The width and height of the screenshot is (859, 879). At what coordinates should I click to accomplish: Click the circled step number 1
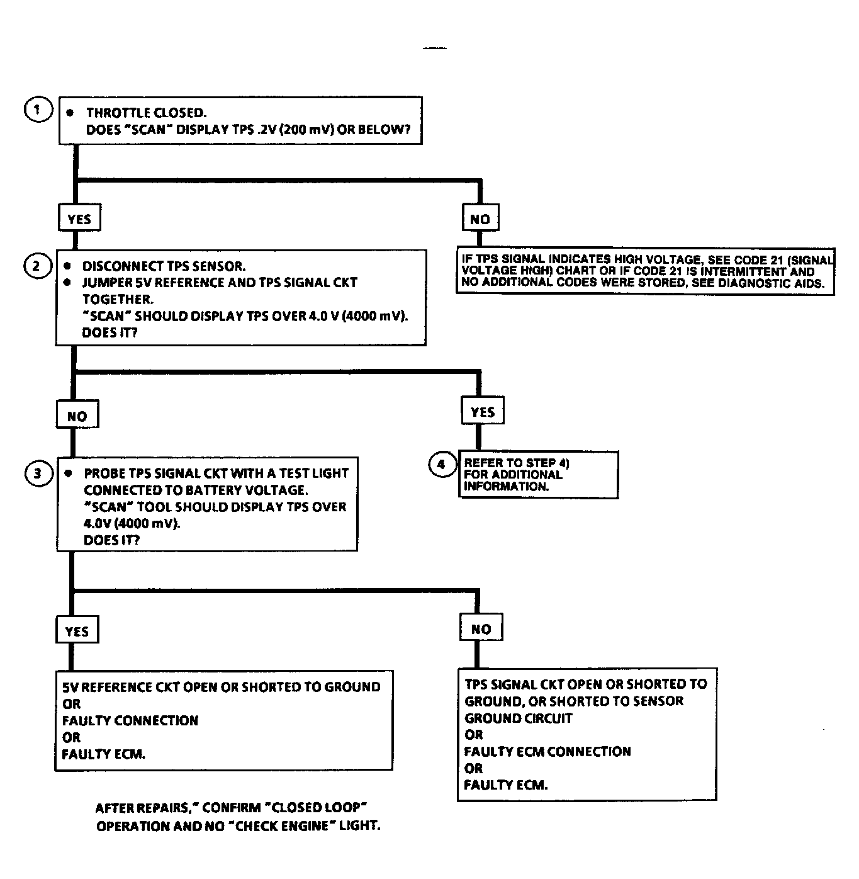point(37,110)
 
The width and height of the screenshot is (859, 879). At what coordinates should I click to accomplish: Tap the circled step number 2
point(36,266)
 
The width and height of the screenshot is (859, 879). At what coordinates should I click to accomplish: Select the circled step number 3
point(38,473)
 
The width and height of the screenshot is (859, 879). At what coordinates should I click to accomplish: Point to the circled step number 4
point(441,465)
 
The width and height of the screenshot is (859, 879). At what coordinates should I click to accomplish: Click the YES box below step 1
point(79,219)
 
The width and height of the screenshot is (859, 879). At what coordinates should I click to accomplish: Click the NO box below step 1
point(480,219)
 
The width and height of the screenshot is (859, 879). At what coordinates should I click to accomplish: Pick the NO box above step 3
point(77,416)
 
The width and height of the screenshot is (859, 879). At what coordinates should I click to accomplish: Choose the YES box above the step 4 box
point(483,412)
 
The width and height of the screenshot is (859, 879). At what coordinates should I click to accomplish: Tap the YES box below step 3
point(77,631)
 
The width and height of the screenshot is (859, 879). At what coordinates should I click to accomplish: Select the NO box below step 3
point(481,628)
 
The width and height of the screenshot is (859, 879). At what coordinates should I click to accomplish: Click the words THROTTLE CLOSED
point(146,113)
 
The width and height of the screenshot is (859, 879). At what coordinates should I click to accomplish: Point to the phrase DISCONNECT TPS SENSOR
point(164,266)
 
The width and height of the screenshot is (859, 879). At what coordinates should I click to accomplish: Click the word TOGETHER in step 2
point(118,300)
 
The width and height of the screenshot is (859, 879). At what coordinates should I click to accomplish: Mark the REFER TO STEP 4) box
point(538,475)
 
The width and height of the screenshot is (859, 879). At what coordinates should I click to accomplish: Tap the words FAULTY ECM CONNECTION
point(547,751)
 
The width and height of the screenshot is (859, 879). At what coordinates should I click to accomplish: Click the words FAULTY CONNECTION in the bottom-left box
point(130,720)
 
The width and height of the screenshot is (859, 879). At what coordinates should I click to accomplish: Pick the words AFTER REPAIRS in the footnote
point(142,808)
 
